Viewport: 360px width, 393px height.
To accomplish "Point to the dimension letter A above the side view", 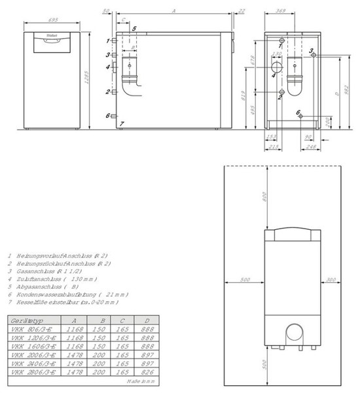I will (x=173, y=12).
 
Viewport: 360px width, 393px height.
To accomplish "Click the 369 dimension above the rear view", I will (x=281, y=11).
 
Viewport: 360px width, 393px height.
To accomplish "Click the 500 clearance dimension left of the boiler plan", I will (x=245, y=280).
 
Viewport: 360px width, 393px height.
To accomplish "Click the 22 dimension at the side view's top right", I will (x=242, y=11).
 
